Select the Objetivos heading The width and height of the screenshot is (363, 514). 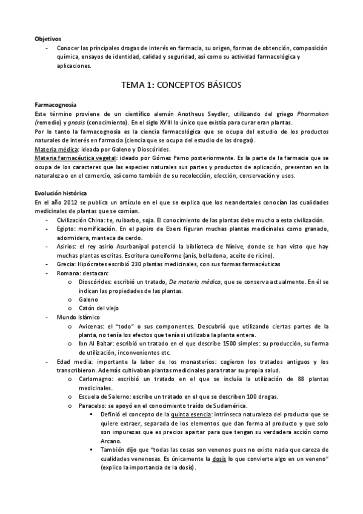(x=47, y=38)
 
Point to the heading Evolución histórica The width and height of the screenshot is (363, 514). (x=61, y=193)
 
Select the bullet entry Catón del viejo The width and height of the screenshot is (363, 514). (x=99, y=309)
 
